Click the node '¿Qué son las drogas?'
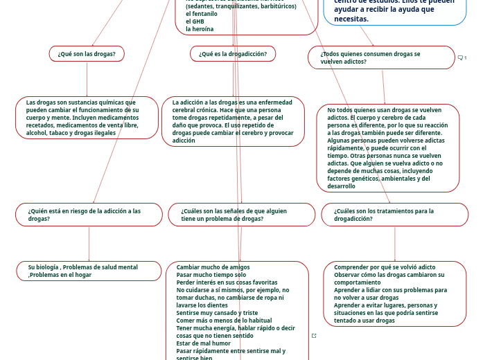coord(87,54)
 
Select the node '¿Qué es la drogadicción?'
coord(233,54)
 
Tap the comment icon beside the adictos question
coord(461,57)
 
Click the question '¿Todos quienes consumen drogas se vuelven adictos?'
coord(380,57)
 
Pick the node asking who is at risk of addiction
coord(89,215)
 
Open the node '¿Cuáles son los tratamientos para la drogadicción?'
coord(394,215)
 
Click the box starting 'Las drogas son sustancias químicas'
coord(87,118)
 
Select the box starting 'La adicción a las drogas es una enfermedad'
coord(233,121)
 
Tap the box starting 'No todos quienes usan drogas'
coord(387,148)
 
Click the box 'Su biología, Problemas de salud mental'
coord(88,271)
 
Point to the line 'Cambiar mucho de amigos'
coord(213,267)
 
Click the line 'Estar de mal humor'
coord(204,343)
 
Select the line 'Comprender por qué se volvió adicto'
coord(385,267)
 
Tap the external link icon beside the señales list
coord(314,336)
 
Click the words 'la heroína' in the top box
coord(200,29)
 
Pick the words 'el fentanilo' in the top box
coord(202,14)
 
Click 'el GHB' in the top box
coord(196,21)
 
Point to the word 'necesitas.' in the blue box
coord(351,19)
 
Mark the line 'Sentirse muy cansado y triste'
coord(217,313)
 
